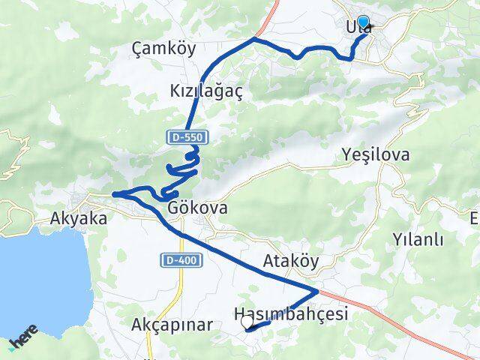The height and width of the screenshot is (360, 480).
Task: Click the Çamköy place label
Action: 163,49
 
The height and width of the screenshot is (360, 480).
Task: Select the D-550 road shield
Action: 187,137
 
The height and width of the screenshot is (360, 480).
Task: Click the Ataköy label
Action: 290,262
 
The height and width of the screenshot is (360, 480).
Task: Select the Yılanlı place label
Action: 418,240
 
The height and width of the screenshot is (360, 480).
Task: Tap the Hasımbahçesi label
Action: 291,315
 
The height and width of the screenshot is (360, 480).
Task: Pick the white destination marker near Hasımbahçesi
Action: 247,322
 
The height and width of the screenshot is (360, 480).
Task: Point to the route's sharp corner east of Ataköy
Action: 318,289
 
